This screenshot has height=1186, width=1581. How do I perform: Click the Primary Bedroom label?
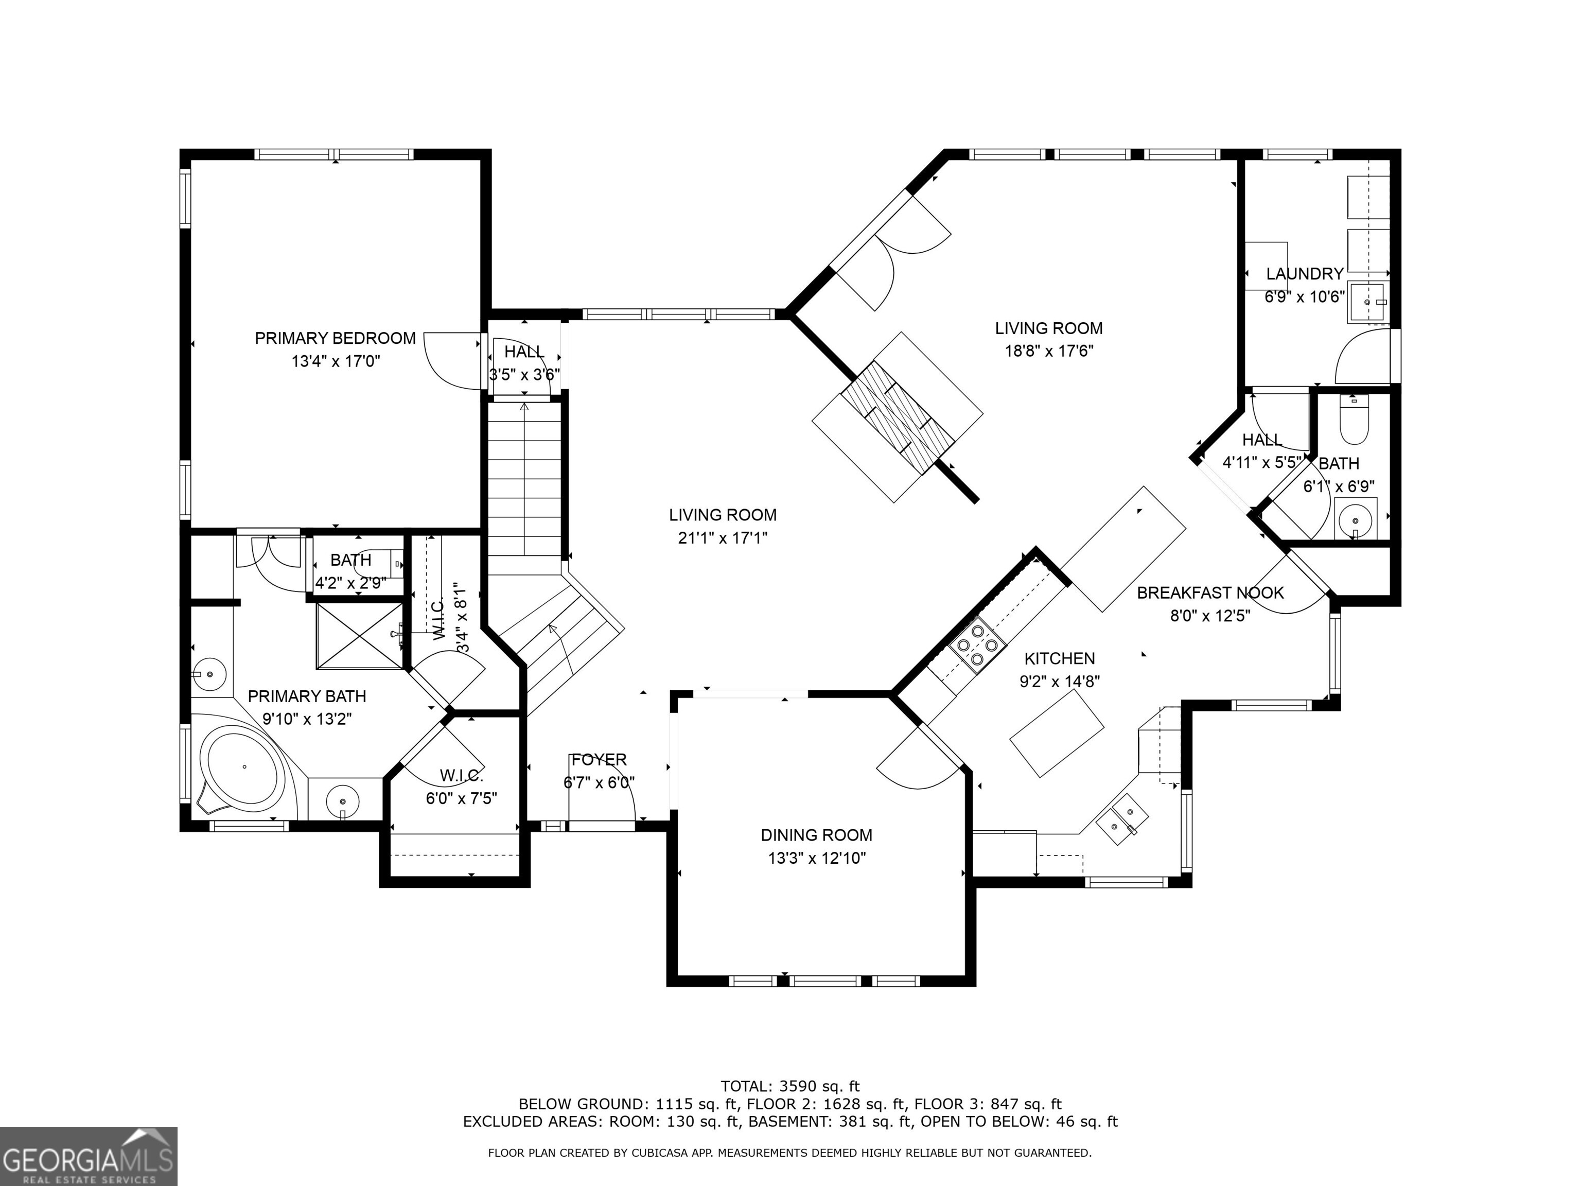(335, 338)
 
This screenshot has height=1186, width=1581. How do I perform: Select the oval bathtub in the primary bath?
(242, 768)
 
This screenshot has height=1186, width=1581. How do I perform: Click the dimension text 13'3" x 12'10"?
(816, 858)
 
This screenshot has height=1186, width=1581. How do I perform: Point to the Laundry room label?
(1305, 274)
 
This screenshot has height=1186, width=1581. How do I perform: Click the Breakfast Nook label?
(1210, 592)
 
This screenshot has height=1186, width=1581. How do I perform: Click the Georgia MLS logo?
(88, 1157)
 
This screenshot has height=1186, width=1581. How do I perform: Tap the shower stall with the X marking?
(360, 636)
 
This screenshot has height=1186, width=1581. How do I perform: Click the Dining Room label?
(816, 835)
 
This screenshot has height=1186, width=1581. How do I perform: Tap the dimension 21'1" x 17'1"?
(723, 537)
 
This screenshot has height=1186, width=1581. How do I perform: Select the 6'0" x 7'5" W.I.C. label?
(461, 798)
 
